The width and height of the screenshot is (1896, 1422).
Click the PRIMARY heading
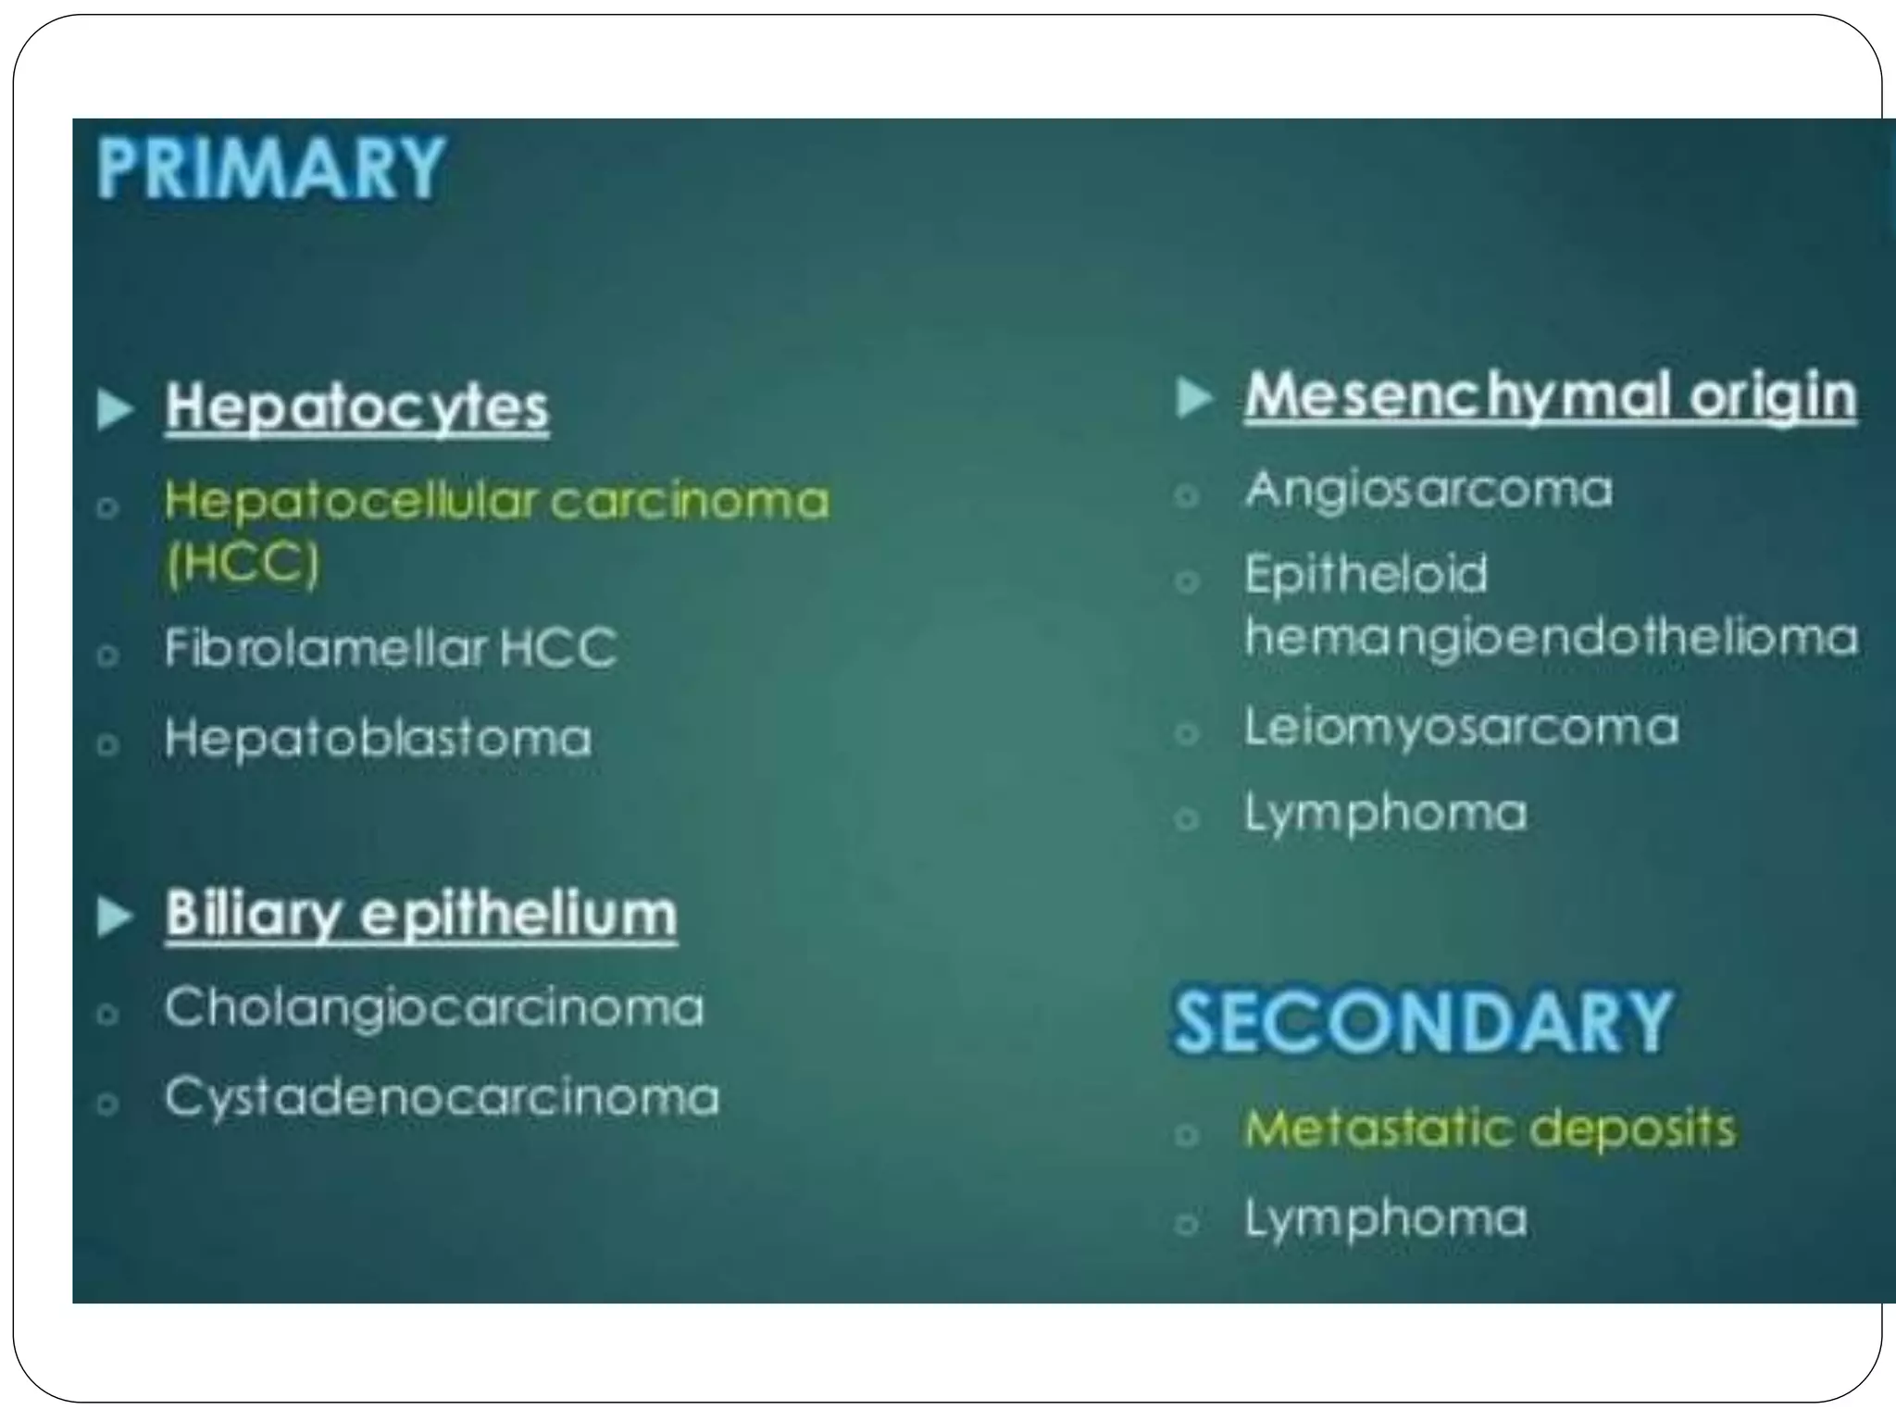point(270,168)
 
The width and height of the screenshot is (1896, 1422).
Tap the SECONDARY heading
point(1422,1022)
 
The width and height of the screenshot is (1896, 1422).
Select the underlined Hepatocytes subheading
point(357,407)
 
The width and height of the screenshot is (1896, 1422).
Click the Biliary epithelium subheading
point(421,915)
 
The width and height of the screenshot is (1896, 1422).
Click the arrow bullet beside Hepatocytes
point(116,409)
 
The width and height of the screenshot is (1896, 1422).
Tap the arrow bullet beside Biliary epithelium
point(116,917)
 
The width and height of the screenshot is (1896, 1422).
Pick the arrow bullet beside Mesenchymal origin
point(1194,399)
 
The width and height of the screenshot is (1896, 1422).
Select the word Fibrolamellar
point(325,647)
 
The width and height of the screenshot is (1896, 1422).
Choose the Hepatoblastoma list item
point(378,739)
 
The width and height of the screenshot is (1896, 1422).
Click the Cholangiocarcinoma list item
point(433,1007)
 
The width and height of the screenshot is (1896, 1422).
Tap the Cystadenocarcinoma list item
point(442,1097)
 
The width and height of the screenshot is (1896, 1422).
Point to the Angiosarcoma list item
point(1428,490)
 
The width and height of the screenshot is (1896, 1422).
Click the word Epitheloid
point(1366,574)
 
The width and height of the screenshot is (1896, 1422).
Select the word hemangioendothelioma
point(1551,638)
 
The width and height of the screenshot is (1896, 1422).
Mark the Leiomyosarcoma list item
point(1461,728)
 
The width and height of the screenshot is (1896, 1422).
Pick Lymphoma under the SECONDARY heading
point(1385,1218)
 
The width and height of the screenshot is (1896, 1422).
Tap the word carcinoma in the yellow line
point(691,501)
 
